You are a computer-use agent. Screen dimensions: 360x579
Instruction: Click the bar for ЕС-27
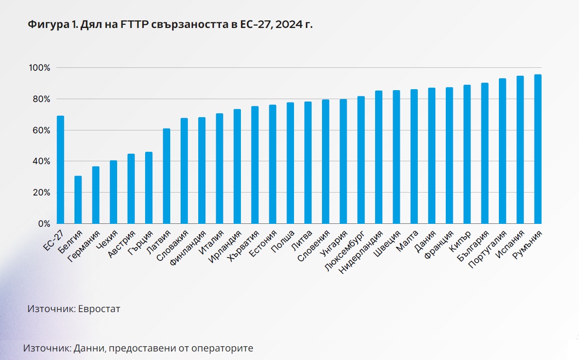tap(60, 170)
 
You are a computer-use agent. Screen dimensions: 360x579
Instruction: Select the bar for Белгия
tap(78, 200)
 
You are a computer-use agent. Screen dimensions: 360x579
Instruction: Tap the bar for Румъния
tap(538, 149)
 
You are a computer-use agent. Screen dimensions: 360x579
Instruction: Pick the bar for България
tap(485, 153)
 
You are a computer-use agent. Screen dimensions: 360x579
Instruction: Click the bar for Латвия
tap(166, 176)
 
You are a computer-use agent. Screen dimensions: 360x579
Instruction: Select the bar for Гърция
tap(149, 188)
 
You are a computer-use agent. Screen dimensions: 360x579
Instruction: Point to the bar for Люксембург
tap(361, 160)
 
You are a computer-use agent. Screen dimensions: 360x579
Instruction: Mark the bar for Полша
tap(290, 163)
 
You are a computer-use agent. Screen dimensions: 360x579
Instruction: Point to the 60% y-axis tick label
tap(40, 130)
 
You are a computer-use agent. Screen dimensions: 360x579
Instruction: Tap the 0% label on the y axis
tap(44, 224)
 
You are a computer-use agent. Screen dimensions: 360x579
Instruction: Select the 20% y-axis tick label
tap(40, 193)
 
